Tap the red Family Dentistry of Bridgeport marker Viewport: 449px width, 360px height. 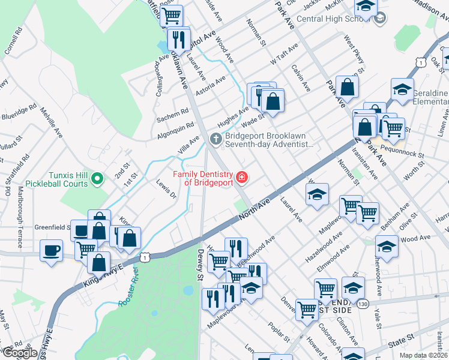[x=242, y=177]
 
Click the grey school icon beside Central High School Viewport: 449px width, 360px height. [x=379, y=19]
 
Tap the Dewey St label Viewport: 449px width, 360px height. [x=200, y=264]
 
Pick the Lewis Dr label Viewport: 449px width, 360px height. [x=166, y=188]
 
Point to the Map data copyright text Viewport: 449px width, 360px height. [x=424, y=355]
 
